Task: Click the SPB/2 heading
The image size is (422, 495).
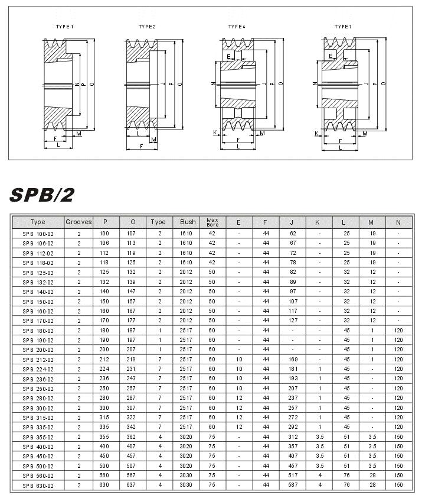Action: [42, 195]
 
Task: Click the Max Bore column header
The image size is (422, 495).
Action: [212, 222]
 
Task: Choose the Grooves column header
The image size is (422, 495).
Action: [78, 222]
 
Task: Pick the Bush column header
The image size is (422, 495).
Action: [188, 222]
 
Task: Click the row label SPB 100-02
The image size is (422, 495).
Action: [38, 234]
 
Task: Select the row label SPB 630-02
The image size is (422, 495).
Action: [38, 485]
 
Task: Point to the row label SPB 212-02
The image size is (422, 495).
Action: [38, 360]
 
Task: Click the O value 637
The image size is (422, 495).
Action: [133, 485]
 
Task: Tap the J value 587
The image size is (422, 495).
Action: [293, 485]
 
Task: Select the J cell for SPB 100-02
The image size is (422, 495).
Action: [293, 234]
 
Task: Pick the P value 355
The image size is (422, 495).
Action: [105, 437]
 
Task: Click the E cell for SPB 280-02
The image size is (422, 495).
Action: [239, 398]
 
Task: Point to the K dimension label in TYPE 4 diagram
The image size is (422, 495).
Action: [215, 133]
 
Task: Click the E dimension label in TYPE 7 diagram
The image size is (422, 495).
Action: [331, 56]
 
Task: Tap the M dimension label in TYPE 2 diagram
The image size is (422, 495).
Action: [153, 140]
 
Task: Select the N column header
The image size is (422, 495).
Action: [398, 222]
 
